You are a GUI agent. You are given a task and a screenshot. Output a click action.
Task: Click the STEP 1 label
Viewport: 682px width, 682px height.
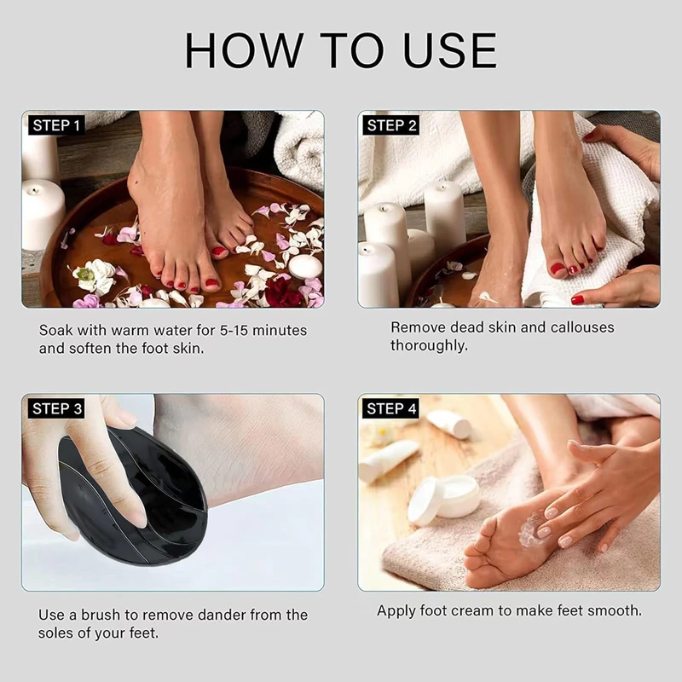[x=56, y=125]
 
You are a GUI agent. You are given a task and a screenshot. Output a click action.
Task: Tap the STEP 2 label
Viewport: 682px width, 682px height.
[x=391, y=125]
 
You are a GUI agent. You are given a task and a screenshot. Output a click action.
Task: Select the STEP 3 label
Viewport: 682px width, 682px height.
[x=56, y=409]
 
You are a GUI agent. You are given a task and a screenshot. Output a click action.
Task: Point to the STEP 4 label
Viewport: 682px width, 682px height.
[x=391, y=409]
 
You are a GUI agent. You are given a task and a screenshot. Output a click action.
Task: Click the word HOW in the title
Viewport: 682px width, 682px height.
[x=245, y=50]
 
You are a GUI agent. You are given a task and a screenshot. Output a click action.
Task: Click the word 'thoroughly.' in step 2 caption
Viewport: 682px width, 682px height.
[x=429, y=346]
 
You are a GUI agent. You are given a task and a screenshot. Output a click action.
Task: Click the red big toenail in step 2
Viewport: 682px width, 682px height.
[x=558, y=269]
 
